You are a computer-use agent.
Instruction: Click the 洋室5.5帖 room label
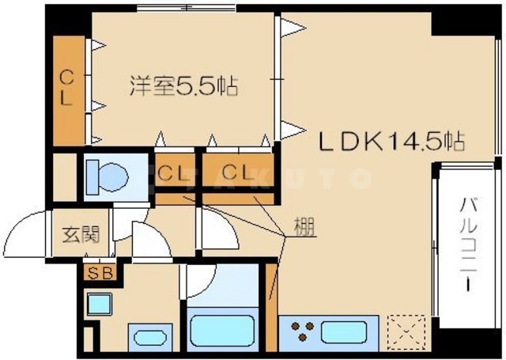click(184, 85)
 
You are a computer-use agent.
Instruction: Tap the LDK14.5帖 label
click(390, 142)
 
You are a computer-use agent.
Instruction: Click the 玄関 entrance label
click(81, 234)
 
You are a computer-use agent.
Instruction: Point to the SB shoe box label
click(100, 274)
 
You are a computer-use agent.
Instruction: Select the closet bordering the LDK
click(237, 172)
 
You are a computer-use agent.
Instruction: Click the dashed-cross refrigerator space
click(409, 328)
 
